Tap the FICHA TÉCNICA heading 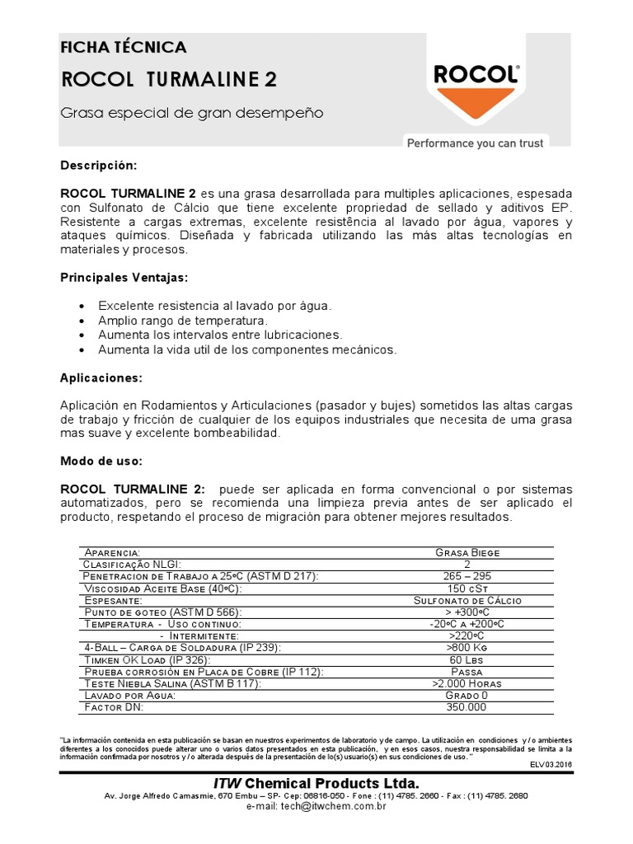(124, 47)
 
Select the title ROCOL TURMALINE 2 (169, 79)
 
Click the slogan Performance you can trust (475, 143)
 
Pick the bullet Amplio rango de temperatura (183, 320)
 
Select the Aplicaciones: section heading (101, 377)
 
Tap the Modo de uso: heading (101, 460)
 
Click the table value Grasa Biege (467, 552)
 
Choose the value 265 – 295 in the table (467, 575)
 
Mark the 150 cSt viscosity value (467, 588)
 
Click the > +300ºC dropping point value (467, 612)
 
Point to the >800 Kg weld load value (467, 649)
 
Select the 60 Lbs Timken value (467, 660)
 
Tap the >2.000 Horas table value (467, 683)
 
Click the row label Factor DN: (114, 707)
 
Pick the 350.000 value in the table (467, 707)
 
